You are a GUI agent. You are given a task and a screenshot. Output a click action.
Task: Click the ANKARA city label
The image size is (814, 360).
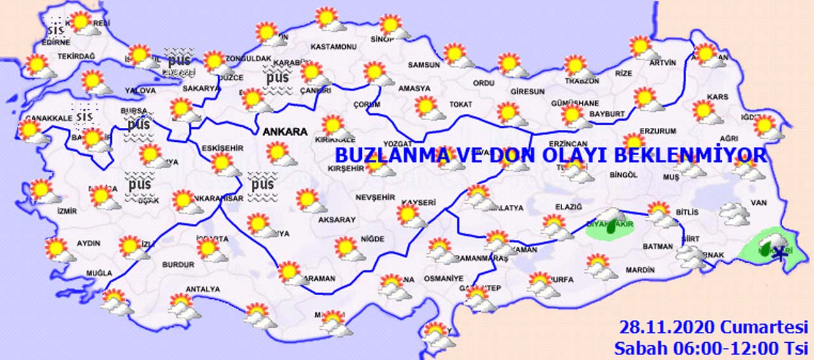click(286, 132)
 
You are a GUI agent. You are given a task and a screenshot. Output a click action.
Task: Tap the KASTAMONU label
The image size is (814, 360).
click(333, 47)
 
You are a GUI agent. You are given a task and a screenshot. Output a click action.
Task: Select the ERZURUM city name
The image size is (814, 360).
click(658, 132)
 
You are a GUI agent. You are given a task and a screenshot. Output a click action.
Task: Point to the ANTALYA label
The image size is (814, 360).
click(202, 289)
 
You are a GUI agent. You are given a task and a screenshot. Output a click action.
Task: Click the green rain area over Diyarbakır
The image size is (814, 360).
click(609, 228)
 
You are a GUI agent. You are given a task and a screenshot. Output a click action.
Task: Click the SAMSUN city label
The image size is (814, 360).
click(424, 65)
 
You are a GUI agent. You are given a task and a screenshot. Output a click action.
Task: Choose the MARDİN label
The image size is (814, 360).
click(640, 270)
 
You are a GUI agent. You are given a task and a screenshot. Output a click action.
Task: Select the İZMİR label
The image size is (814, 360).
click(67, 211)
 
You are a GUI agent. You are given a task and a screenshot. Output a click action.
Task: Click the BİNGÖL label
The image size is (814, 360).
click(623, 174)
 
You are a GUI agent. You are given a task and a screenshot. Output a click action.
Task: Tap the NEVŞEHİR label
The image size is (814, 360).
click(376, 198)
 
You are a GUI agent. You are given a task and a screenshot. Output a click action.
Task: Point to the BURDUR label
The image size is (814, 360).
click(178, 264)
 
